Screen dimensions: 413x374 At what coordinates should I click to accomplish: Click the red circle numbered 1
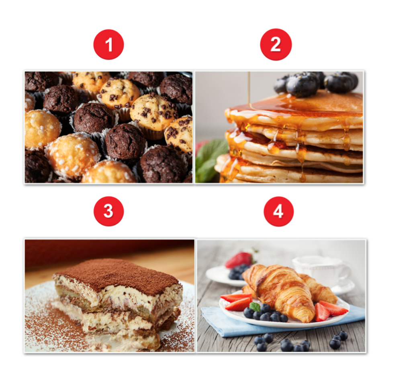point(108,45)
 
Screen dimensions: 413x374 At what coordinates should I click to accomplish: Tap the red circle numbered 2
point(276,44)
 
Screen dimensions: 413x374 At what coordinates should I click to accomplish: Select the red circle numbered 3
point(108,211)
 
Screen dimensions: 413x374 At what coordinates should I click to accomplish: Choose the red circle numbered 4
point(278,211)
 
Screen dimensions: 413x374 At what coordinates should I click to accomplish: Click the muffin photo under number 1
point(108,127)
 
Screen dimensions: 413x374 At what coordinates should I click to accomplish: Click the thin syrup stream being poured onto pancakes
point(249,90)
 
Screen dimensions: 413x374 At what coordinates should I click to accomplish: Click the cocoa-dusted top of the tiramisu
point(116,274)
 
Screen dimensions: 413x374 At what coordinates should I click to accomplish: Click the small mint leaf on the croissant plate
point(255,306)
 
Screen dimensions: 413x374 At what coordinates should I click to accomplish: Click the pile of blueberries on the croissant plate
point(266,313)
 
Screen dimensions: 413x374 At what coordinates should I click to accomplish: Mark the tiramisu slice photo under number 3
point(110,296)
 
